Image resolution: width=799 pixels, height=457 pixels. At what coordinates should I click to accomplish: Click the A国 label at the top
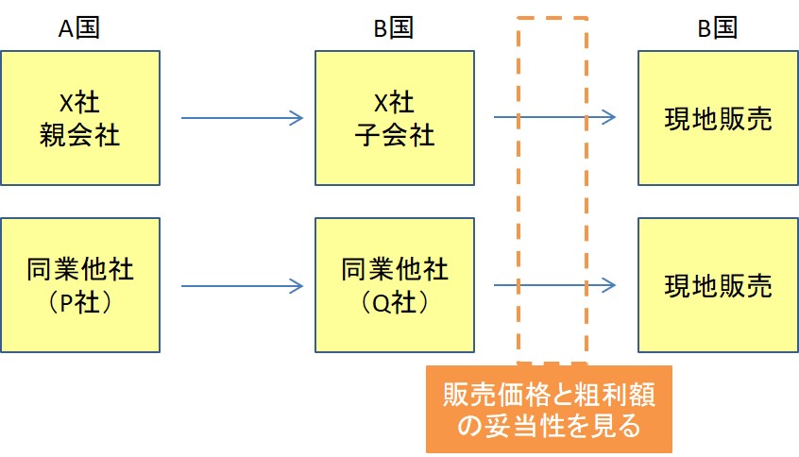click(x=79, y=27)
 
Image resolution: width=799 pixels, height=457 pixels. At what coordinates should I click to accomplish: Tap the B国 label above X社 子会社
click(x=394, y=27)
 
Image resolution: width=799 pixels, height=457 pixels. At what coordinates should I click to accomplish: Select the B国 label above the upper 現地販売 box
click(x=718, y=27)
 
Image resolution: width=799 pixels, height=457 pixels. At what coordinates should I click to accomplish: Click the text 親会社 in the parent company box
click(x=79, y=135)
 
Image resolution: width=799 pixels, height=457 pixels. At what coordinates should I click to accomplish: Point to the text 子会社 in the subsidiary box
click(x=395, y=135)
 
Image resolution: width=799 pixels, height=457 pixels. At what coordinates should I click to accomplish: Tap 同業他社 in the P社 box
click(x=80, y=269)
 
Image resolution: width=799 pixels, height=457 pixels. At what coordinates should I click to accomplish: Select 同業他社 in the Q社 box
click(x=395, y=269)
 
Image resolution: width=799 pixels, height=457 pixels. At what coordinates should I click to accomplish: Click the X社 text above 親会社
click(x=79, y=103)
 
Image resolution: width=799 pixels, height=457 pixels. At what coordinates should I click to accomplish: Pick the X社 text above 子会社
click(x=395, y=103)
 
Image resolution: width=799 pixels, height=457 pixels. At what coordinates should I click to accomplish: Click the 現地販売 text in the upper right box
click(x=718, y=119)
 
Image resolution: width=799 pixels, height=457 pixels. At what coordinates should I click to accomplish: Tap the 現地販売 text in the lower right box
click(x=718, y=286)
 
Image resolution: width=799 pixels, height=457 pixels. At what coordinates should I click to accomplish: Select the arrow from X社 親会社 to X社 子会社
click(x=242, y=118)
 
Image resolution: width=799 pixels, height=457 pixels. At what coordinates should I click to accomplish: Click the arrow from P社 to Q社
click(x=242, y=286)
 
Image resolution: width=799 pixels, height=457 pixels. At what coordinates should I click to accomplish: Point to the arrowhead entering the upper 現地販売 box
click(x=609, y=117)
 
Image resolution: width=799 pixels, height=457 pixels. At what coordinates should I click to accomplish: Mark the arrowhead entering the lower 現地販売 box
click(x=609, y=285)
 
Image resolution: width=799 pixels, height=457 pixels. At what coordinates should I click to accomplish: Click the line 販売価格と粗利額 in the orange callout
click(x=549, y=395)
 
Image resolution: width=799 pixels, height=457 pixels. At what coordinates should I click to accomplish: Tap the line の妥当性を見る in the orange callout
click(x=549, y=426)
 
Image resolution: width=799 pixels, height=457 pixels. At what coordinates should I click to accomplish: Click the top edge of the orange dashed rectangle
click(x=552, y=18)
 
